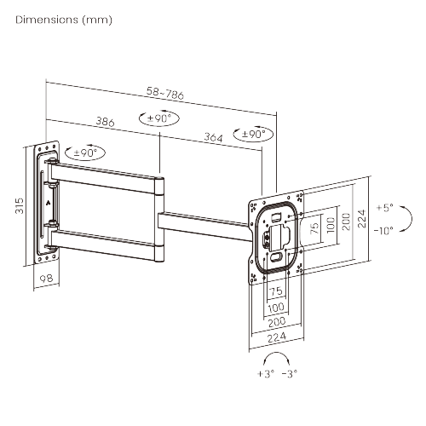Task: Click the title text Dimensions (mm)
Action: click(64, 19)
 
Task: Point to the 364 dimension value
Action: click(214, 138)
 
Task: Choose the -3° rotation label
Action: click(291, 374)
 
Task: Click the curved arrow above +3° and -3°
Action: click(279, 358)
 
